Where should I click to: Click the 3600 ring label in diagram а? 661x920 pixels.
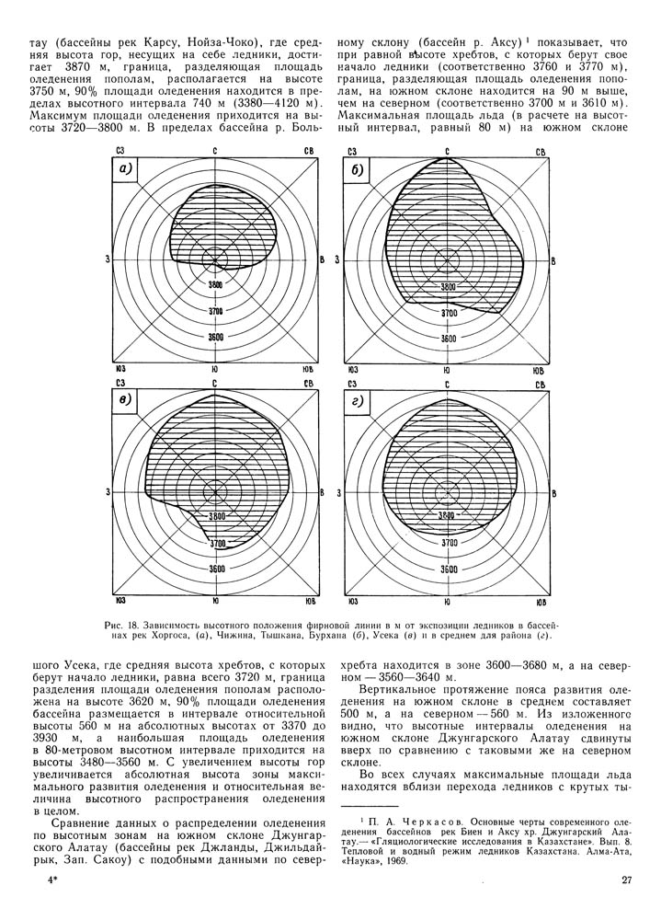(x=216, y=338)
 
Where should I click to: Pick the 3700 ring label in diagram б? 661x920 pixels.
(x=449, y=313)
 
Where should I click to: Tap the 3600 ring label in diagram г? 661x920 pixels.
(x=449, y=569)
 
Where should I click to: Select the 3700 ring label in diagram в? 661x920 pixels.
(x=216, y=545)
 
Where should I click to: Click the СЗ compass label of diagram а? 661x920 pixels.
(x=120, y=149)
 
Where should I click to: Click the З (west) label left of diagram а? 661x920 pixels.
(x=108, y=260)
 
